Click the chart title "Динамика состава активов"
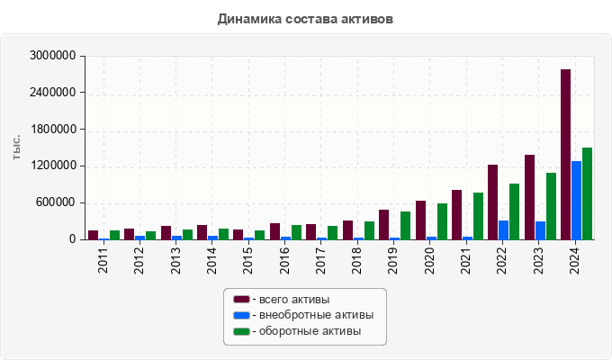click(305, 18)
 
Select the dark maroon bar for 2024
click(565, 155)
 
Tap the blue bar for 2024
click(576, 201)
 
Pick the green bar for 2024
click(587, 193)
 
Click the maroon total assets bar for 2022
click(492, 202)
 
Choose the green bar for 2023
click(551, 206)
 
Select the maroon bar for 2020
click(420, 220)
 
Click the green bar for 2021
click(478, 216)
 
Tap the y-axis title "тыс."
click(16, 148)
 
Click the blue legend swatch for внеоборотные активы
click(241, 315)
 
